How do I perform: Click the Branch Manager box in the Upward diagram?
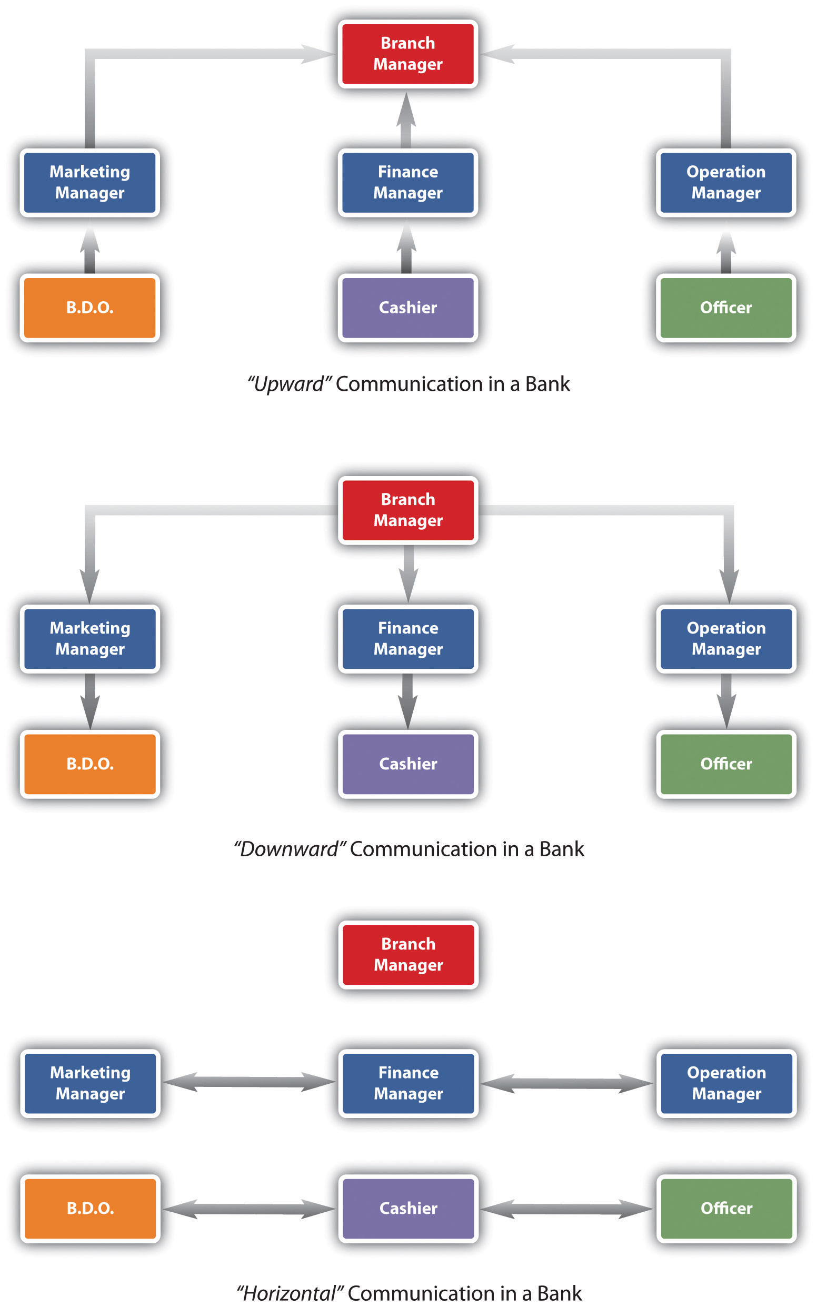[x=407, y=54]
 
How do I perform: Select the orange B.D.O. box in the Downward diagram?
[x=89, y=763]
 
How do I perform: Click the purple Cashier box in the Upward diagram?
[x=407, y=307]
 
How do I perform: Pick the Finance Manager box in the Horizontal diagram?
[x=408, y=1083]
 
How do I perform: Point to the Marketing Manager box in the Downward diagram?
[x=89, y=638]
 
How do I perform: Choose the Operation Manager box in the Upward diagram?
[x=726, y=182]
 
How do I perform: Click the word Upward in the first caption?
[x=288, y=384]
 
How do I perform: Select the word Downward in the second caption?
[x=289, y=849]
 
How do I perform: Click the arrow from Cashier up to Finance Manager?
[x=406, y=249]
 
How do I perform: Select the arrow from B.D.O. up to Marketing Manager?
[x=89, y=250]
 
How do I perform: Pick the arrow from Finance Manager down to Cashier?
[x=407, y=700]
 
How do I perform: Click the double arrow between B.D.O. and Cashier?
[x=248, y=1209]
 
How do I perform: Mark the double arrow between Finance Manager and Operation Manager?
[x=566, y=1083]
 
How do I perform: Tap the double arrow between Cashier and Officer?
[x=566, y=1209]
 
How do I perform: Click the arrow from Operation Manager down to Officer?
[x=726, y=700]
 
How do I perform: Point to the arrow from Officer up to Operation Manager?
[x=726, y=252]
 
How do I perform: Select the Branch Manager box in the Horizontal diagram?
[x=408, y=954]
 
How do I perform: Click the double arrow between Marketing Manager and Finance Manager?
[x=248, y=1082]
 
